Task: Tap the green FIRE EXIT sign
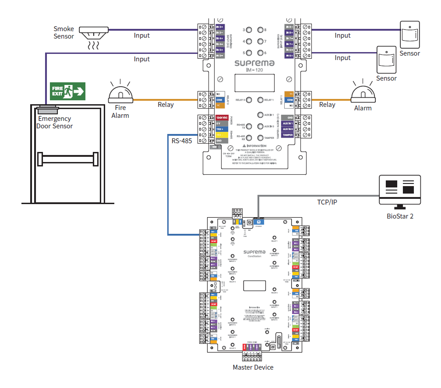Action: click(67, 91)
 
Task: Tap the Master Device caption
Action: click(253, 367)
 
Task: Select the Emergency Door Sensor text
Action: click(54, 123)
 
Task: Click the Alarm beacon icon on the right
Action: click(363, 92)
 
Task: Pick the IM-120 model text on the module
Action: click(254, 70)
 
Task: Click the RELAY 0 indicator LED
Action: click(249, 100)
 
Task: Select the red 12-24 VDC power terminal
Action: click(222, 117)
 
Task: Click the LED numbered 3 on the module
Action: click(249, 30)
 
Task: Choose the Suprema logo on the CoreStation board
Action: click(254, 252)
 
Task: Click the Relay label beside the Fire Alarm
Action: click(166, 105)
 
